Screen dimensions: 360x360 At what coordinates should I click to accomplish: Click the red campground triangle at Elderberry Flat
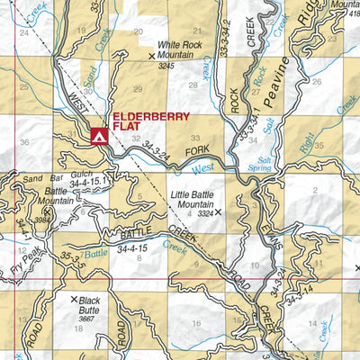99,137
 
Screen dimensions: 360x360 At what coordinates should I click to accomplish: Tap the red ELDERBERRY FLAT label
144,122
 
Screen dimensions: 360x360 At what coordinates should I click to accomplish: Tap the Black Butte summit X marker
74,299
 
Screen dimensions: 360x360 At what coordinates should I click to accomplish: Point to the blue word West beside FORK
202,168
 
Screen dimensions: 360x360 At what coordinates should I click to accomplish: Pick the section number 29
138,89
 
